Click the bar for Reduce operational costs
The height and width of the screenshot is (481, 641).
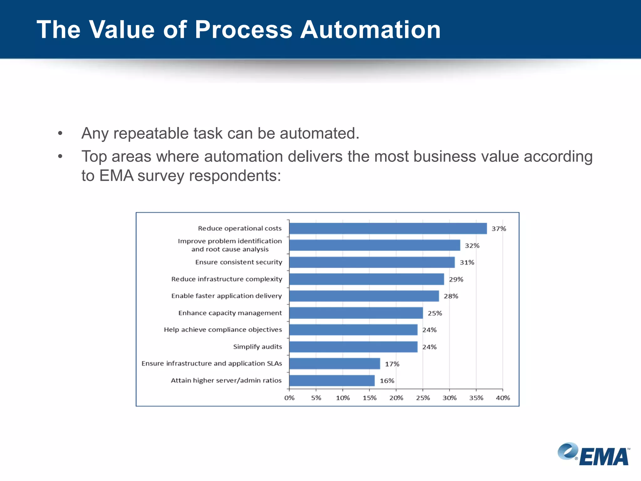tap(388, 229)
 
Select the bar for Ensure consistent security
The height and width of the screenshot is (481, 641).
tap(372, 262)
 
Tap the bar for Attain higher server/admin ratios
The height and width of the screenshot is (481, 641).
tap(332, 381)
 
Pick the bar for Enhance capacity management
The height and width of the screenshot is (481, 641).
tap(356, 313)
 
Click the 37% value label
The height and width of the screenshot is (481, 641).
tap(499, 229)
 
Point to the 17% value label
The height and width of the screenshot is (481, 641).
tap(392, 364)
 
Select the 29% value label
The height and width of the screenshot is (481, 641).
tap(456, 280)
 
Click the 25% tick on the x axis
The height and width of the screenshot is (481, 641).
tap(423, 398)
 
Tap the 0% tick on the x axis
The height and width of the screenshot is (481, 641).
tap(289, 398)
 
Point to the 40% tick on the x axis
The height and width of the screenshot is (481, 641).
tap(503, 398)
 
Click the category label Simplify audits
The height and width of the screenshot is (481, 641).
tap(257, 347)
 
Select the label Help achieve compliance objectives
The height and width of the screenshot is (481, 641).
tap(223, 330)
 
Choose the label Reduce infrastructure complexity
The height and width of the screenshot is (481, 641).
tap(227, 279)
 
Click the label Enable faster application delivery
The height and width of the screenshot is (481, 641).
tap(227, 296)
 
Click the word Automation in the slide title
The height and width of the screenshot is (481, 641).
tap(371, 30)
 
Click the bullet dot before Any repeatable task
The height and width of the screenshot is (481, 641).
tap(60, 134)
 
